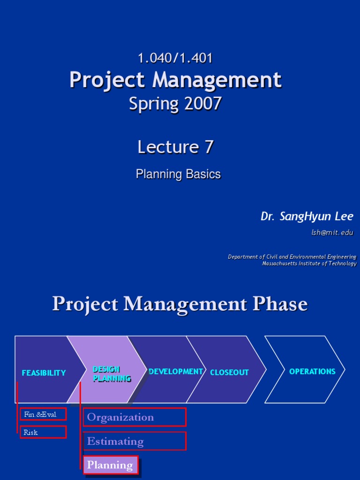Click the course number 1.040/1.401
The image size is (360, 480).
pyautogui.click(x=175, y=58)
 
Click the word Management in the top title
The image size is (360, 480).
pyautogui.click(x=217, y=80)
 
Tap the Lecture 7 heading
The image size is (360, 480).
pyautogui.click(x=175, y=147)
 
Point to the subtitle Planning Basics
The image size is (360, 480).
pyautogui.click(x=178, y=174)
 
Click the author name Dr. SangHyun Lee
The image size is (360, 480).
pyautogui.click(x=307, y=216)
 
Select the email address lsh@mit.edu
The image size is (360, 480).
pyautogui.click(x=332, y=232)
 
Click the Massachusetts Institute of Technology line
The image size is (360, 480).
pyautogui.click(x=309, y=263)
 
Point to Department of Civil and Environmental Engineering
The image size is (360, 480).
pyautogui.click(x=292, y=257)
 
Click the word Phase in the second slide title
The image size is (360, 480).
pyautogui.click(x=280, y=304)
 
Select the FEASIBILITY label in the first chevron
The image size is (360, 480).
pyautogui.click(x=44, y=373)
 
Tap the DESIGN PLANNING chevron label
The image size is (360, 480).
pyautogui.click(x=112, y=374)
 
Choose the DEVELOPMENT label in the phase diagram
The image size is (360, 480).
pyautogui.click(x=175, y=371)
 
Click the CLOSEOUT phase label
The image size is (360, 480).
pyautogui.click(x=229, y=372)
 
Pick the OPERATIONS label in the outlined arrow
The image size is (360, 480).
pyautogui.click(x=312, y=371)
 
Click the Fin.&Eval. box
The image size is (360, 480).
pyautogui.click(x=43, y=414)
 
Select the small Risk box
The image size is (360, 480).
pyautogui.click(x=43, y=432)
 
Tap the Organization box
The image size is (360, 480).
pyautogui.click(x=135, y=417)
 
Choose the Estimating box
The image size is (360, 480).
pyautogui.click(x=135, y=441)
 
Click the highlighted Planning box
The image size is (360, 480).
pyautogui.click(x=111, y=465)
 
